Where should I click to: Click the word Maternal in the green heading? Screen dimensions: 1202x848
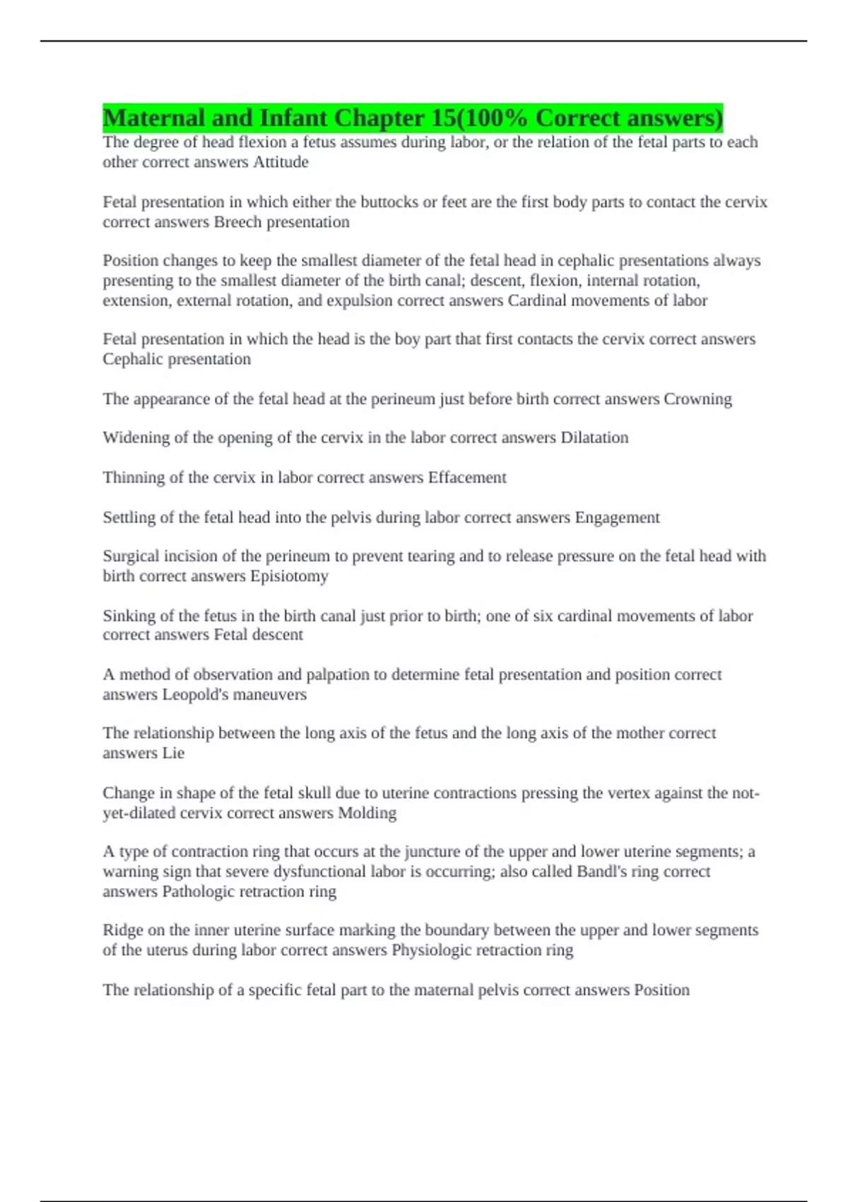154,118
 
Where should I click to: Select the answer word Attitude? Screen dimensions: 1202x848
281,162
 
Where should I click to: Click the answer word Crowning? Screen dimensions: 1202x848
697,399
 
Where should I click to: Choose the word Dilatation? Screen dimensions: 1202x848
594,438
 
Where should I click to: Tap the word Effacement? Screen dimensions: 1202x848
467,477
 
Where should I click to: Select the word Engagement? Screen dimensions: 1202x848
617,518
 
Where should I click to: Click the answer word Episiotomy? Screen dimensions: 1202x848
289,576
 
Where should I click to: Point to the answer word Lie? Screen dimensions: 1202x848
173,753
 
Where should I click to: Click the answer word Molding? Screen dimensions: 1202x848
367,813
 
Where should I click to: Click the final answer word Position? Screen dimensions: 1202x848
661,990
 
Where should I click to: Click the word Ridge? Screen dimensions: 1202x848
122,930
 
